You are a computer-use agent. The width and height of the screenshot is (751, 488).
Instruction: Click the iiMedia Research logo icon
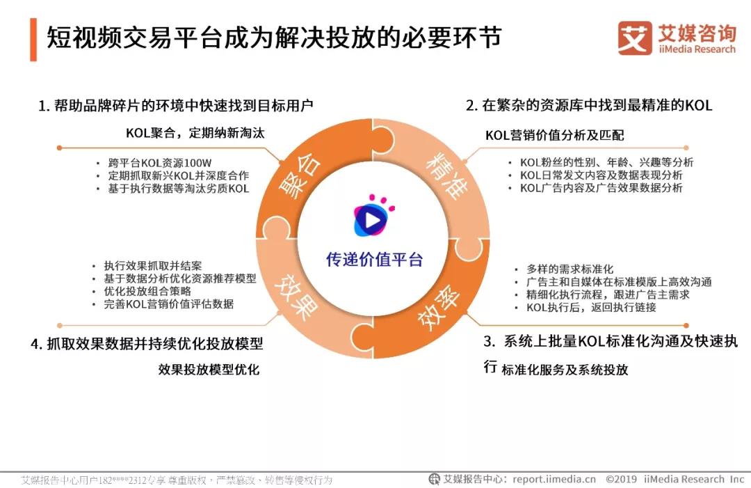(x=635, y=38)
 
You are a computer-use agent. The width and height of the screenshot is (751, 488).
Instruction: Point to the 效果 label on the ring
(x=298, y=297)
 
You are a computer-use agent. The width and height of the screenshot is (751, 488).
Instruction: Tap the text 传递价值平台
(x=374, y=260)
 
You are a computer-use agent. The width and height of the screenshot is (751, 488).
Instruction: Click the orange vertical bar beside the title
(x=33, y=40)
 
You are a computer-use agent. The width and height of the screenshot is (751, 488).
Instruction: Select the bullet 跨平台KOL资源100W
(x=160, y=163)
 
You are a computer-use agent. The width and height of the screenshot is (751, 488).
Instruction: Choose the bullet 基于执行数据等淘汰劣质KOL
(x=179, y=189)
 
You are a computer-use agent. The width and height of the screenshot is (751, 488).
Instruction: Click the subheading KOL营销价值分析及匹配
(x=555, y=135)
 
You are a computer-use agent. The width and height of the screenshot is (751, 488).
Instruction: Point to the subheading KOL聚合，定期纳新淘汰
(x=195, y=133)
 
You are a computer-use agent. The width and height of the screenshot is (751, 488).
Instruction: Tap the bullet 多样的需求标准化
(x=570, y=269)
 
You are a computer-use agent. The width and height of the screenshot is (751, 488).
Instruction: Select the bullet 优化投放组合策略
(x=147, y=291)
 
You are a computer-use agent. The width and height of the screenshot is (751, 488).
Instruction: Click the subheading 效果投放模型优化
(x=209, y=369)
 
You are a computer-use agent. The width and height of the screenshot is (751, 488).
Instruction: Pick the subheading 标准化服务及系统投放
(x=565, y=370)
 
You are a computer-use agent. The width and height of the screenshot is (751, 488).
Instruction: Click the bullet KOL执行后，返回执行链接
(x=591, y=307)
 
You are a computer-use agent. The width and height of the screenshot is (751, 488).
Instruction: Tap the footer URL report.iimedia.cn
(x=554, y=479)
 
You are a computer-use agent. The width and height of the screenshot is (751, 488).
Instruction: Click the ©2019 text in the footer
(x=621, y=479)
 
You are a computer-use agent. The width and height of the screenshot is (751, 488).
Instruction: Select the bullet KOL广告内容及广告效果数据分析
(x=601, y=188)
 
